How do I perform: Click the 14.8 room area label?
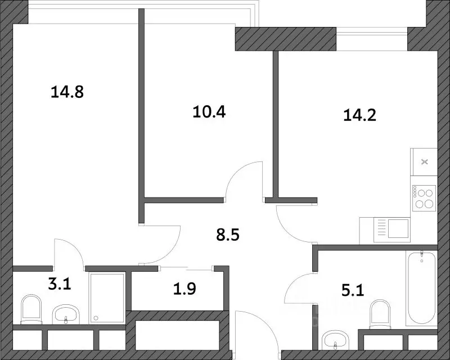click(67, 92)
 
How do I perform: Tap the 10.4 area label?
click(209, 112)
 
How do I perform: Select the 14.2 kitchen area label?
click(359, 115)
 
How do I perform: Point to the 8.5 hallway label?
click(228, 235)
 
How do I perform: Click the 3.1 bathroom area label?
click(60, 284)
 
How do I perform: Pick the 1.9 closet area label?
click(185, 289)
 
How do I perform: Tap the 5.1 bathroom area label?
click(353, 290)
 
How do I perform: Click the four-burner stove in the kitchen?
click(424, 198)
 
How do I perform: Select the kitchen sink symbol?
click(391, 228)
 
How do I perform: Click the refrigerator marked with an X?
click(424, 162)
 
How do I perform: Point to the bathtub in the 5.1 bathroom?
click(421, 287)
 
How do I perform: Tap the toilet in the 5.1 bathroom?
click(380, 314)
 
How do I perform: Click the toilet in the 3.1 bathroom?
click(31, 309)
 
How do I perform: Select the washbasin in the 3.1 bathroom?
click(66, 314)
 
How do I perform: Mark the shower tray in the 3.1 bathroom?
click(107, 298)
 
